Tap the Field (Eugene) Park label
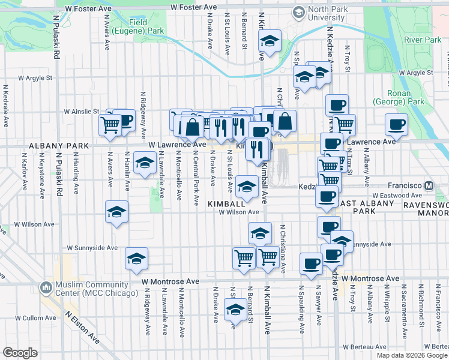click(x=146, y=26)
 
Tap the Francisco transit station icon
click(x=429, y=186)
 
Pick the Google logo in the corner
click(x=20, y=353)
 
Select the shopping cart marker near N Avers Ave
click(x=110, y=125)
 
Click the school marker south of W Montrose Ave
click(x=235, y=310)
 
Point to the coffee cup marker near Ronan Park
click(x=396, y=124)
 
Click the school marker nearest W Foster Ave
click(x=270, y=41)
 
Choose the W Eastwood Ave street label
click(x=394, y=196)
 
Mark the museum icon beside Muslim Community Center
click(x=46, y=287)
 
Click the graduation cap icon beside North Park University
click(x=298, y=11)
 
